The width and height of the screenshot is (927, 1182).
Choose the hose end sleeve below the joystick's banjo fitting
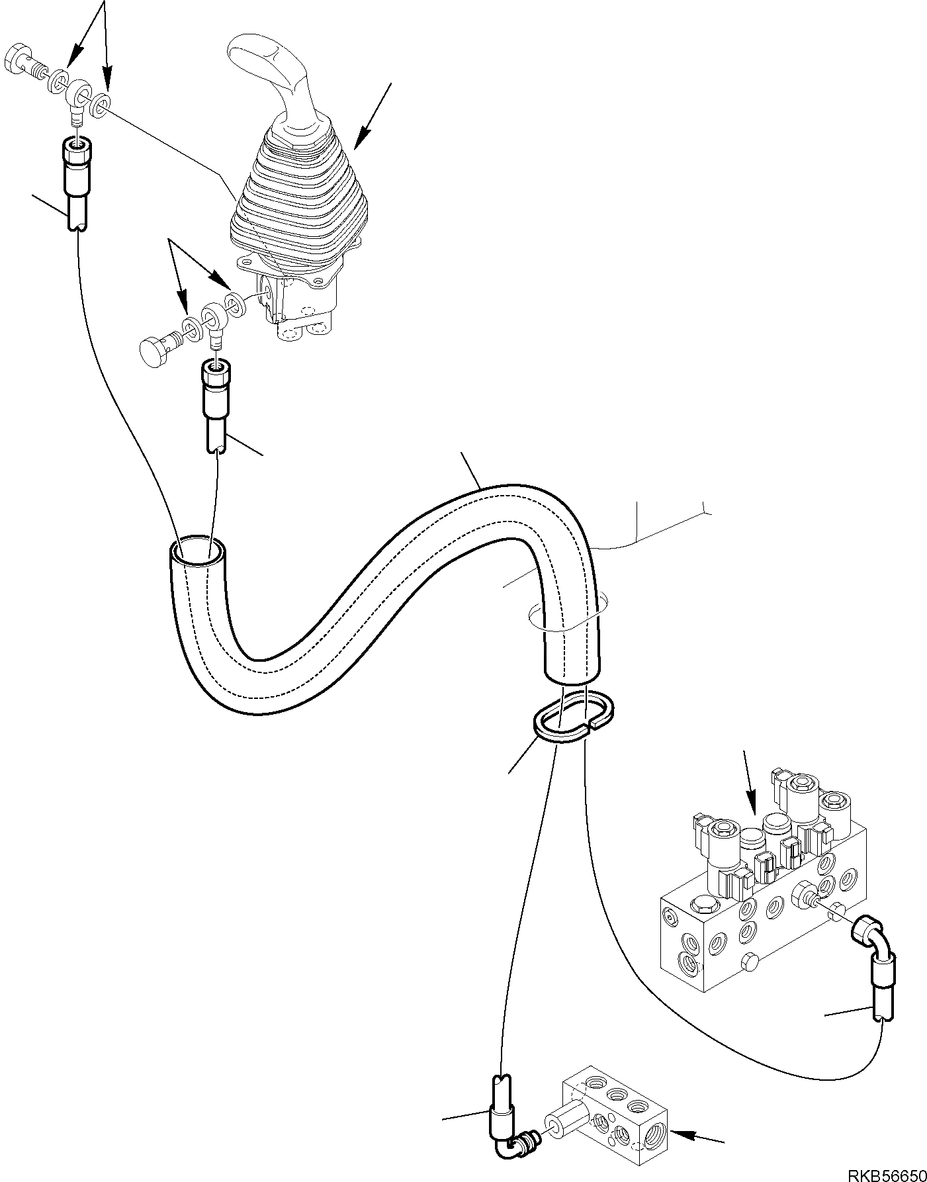tap(214, 390)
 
